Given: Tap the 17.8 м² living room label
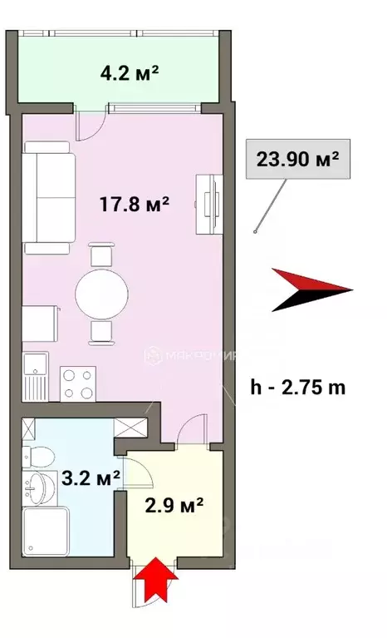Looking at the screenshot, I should click(135, 203).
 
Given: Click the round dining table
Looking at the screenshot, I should click(103, 293).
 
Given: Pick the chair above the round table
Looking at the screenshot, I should click(101, 253).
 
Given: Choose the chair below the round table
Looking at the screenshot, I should click(101, 332).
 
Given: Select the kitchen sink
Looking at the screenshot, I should click(36, 378).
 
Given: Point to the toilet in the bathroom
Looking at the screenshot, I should click(38, 456).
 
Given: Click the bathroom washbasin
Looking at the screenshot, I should click(37, 489).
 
